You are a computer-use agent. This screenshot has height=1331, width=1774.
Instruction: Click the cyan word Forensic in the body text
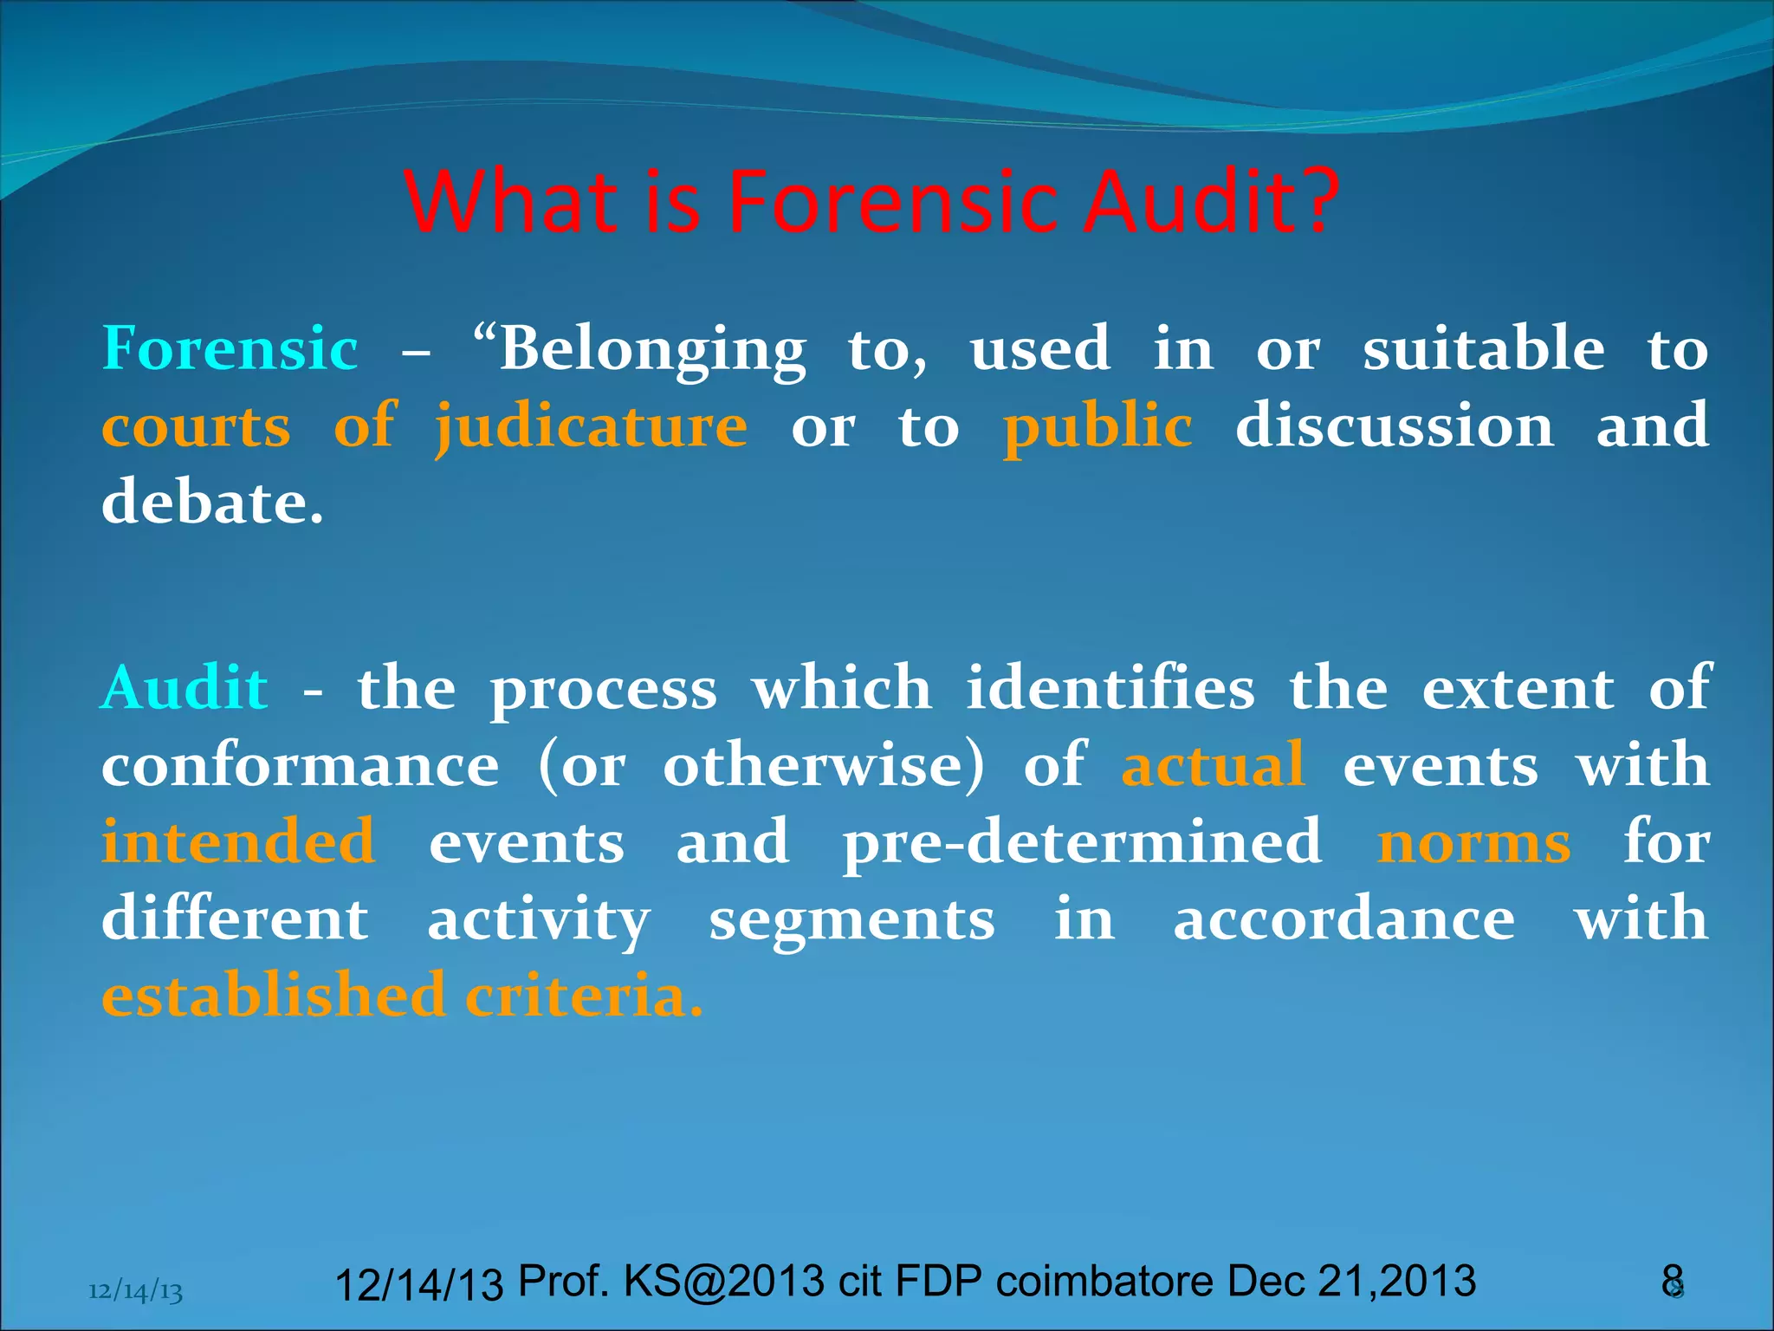pos(230,348)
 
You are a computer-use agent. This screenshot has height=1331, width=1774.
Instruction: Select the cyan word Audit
pos(185,688)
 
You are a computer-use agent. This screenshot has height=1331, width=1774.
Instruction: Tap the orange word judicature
pos(592,426)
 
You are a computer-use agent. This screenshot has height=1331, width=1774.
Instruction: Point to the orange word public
pos(1097,426)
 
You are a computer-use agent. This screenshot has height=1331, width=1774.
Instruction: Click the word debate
pos(212,503)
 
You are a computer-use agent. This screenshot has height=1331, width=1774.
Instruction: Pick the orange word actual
pos(1214,764)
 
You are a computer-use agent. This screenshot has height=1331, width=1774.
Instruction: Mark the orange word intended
pos(238,841)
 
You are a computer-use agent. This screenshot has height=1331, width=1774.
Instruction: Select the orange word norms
pos(1474,842)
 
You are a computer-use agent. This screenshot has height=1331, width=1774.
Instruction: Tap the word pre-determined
pos(1083,842)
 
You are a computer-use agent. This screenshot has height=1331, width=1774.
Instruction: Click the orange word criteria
pos(584,995)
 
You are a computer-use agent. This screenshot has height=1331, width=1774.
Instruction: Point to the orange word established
pos(274,995)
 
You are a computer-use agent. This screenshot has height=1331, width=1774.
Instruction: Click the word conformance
pos(301,766)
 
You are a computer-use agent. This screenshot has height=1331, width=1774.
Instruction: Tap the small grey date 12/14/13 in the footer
pos(136,1291)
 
